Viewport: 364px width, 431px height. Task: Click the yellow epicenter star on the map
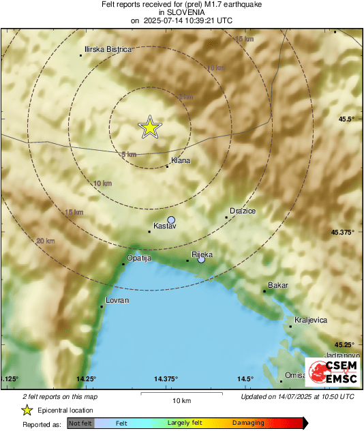[x=149, y=127]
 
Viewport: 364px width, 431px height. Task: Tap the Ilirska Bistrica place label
[x=107, y=50]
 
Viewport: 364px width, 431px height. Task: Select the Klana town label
[x=181, y=161]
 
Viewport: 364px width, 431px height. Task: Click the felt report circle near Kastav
[x=172, y=220]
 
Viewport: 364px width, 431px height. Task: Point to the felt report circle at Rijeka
[x=201, y=259]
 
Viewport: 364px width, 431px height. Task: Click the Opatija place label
[x=138, y=258]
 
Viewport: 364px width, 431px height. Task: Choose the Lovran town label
[x=117, y=300]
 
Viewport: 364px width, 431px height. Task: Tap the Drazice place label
[x=243, y=211]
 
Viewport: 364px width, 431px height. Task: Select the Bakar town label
[x=278, y=285]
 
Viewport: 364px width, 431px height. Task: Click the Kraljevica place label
[x=311, y=320]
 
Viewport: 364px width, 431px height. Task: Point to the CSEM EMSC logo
[x=330, y=372]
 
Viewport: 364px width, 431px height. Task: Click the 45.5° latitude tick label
[x=347, y=119]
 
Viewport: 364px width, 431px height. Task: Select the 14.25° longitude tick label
[x=86, y=379]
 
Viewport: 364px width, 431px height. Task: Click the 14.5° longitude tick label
[x=245, y=379]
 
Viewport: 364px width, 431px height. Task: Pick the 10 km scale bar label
[x=181, y=400]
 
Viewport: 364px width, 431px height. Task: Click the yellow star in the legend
[x=27, y=410]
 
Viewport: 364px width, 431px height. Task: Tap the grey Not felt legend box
[x=80, y=423]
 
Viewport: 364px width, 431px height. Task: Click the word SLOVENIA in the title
[x=182, y=12]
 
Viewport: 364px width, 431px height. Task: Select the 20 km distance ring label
[x=46, y=241]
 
